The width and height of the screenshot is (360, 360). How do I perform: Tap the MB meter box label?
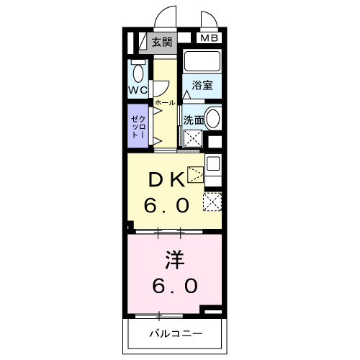point(208,38)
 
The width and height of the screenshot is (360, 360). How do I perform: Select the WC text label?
point(138,90)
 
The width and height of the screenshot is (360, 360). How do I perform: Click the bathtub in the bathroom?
point(202,60)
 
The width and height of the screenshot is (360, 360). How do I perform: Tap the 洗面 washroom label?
point(192,120)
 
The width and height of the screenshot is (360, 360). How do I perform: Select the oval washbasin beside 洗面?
point(212,120)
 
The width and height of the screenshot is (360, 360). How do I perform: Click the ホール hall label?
point(164,103)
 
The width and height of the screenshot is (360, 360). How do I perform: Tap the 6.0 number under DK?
point(166,206)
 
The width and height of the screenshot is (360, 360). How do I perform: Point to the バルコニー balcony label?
point(176,333)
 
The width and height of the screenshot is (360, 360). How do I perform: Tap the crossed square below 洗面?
point(192,139)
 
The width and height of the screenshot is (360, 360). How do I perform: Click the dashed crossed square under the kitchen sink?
point(213,202)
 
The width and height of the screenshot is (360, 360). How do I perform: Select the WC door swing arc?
point(160,87)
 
